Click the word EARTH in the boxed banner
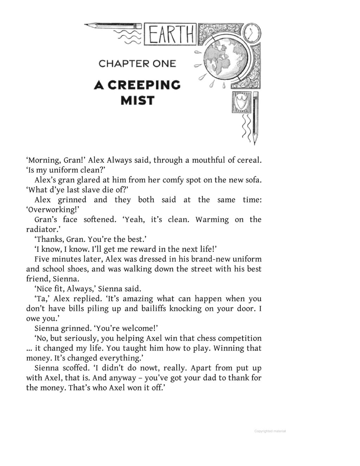171,35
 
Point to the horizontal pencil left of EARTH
112,26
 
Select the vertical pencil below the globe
256,118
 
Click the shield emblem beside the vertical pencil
241,103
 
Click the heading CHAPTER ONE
137,64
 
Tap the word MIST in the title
137,101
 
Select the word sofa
253,180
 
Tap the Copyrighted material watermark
270,431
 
